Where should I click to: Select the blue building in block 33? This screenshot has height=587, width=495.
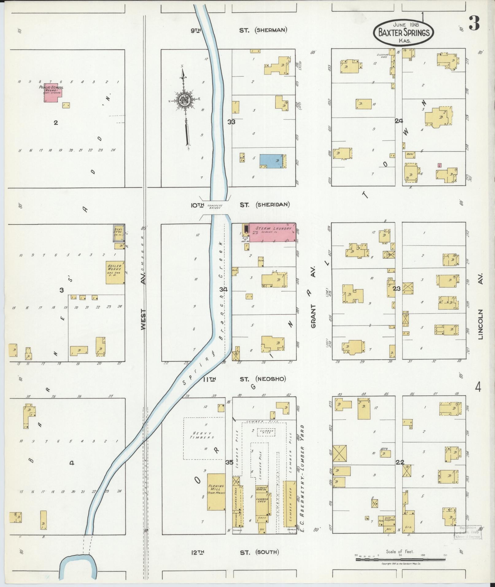[x=271, y=161]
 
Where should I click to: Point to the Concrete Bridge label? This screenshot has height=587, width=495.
[x=215, y=207]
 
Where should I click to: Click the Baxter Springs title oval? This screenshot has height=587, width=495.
[x=404, y=32]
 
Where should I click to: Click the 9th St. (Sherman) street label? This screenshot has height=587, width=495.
[x=239, y=30]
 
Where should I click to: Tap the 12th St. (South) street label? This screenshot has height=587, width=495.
[x=235, y=552]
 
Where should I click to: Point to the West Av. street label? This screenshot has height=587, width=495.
[x=143, y=319]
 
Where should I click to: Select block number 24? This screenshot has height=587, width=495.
[x=399, y=121]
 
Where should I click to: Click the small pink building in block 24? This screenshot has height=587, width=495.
[x=439, y=165]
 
